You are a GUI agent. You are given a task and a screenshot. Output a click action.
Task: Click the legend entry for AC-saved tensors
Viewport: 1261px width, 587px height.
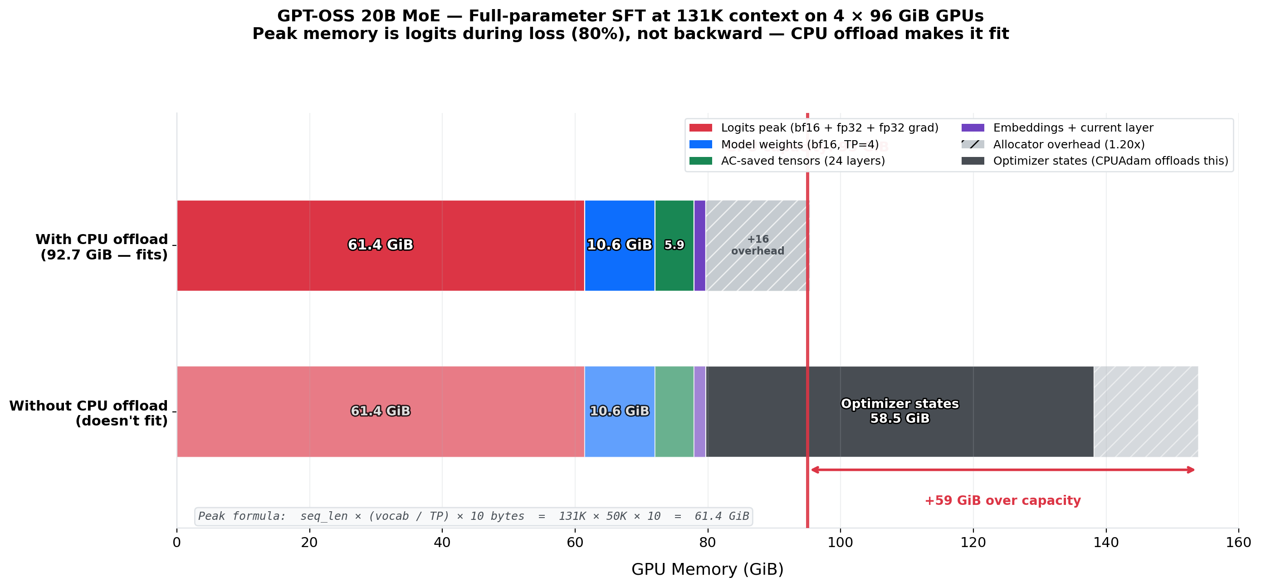pos(802,161)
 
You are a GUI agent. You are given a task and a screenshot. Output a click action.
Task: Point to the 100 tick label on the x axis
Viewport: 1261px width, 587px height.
pos(840,543)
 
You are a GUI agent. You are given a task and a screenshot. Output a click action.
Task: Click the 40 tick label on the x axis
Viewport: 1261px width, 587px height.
pos(442,543)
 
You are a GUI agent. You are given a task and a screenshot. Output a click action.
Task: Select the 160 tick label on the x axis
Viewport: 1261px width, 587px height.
pos(1238,543)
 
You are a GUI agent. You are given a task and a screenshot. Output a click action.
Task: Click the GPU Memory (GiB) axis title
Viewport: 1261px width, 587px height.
pos(707,569)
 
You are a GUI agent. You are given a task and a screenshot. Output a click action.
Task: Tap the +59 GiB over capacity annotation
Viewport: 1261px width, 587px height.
pos(1002,500)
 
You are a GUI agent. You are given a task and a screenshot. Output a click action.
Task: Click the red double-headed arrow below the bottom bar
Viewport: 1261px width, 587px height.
pos(1002,470)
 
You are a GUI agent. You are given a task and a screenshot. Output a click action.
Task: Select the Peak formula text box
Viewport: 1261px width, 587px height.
pos(474,517)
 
